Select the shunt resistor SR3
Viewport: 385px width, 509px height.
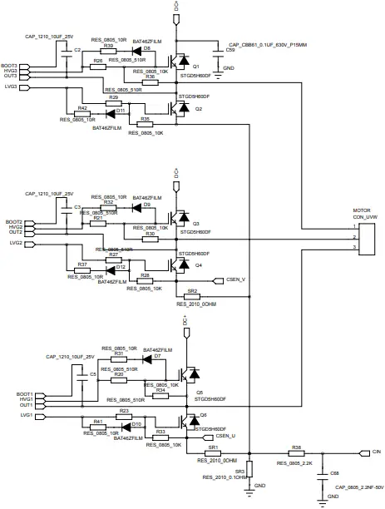coord(249,474)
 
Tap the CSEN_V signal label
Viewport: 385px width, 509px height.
coord(236,280)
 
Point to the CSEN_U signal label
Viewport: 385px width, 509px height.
coord(225,435)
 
